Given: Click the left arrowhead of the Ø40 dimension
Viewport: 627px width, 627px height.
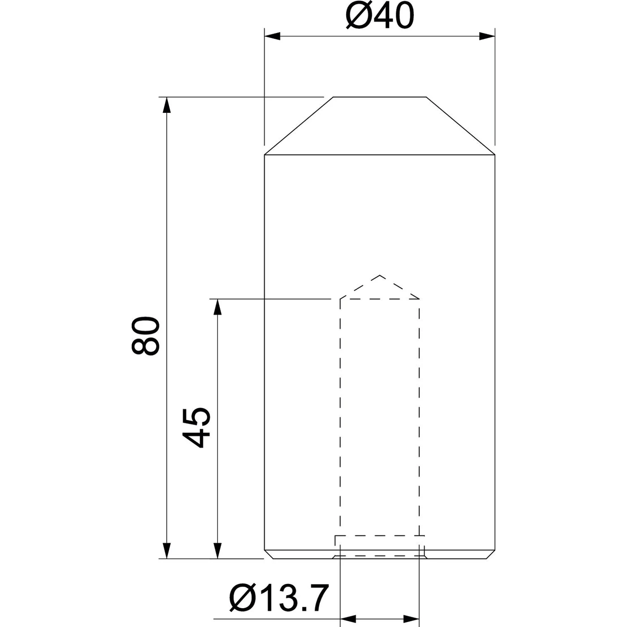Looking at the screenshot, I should tap(272, 36).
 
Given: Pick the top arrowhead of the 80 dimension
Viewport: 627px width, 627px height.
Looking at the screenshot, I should tap(167, 106).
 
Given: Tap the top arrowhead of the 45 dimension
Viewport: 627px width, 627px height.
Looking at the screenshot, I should tap(218, 307).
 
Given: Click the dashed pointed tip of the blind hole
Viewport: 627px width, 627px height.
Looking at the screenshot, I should tap(380, 276).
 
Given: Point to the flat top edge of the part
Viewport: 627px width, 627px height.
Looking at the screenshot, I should tap(379, 97).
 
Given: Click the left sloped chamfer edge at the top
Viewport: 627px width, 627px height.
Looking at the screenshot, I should tap(298, 126).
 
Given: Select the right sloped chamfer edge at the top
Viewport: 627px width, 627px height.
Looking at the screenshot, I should tap(461, 126).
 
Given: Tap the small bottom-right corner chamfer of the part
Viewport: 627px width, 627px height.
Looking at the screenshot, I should tap(491, 554).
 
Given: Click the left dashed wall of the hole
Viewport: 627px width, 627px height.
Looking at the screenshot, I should tap(341, 417).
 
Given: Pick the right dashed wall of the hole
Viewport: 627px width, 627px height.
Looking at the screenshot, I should tap(420, 417).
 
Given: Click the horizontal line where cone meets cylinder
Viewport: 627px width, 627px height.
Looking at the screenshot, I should tap(380, 155).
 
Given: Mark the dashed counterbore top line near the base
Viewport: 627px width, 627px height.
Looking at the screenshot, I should tap(380, 536).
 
